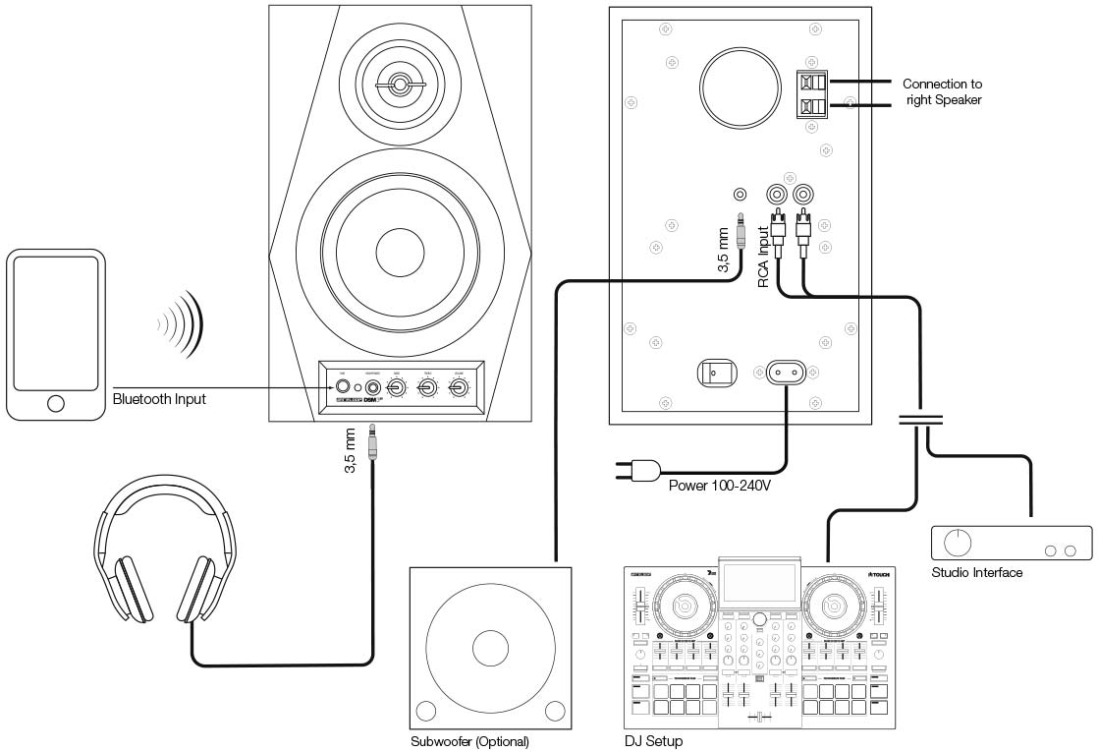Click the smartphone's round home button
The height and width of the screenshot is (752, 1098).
point(56,402)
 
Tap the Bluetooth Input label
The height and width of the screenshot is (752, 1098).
point(160,399)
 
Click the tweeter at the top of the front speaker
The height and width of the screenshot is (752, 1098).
point(401,83)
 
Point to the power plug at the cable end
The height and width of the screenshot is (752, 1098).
point(637,472)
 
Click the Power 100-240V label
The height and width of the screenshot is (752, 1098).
point(719,486)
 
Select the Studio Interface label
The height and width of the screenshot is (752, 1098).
point(976,572)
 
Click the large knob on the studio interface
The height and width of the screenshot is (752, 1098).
point(957,542)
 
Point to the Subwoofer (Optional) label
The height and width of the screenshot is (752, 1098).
point(469,741)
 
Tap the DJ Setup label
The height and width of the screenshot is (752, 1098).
point(653,741)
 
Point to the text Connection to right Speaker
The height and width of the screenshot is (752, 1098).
point(942,91)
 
